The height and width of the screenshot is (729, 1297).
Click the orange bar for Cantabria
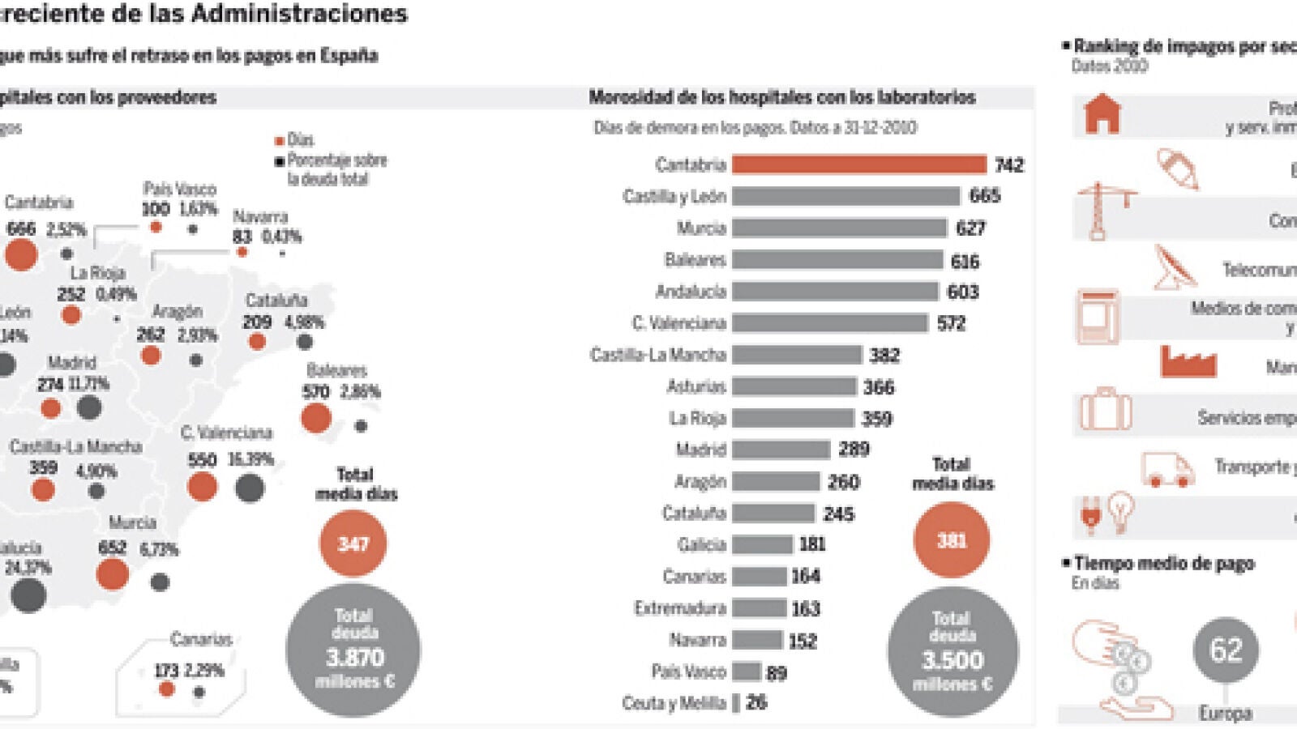(858, 164)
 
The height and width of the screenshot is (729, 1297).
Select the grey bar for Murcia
(839, 228)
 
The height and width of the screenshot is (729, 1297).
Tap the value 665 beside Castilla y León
(985, 196)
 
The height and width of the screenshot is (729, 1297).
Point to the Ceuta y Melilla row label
(674, 703)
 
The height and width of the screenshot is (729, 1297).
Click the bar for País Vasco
(747, 671)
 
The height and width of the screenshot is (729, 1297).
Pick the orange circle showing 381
(952, 540)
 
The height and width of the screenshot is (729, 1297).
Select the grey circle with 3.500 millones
(952, 651)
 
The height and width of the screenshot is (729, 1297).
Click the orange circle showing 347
(353, 544)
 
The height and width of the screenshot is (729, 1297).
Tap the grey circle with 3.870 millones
(353, 650)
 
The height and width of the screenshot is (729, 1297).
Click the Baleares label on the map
(337, 371)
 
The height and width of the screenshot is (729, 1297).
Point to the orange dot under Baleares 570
(316, 418)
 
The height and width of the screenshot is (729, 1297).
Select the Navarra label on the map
(260, 217)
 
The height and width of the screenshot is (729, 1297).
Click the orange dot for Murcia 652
(113, 574)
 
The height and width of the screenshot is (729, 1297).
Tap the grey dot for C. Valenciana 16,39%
(250, 488)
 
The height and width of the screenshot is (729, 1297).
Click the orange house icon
(1102, 113)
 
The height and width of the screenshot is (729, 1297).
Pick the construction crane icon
(1101, 211)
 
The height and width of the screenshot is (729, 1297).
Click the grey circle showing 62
(1225, 650)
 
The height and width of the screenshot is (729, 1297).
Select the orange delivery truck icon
(1167, 469)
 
